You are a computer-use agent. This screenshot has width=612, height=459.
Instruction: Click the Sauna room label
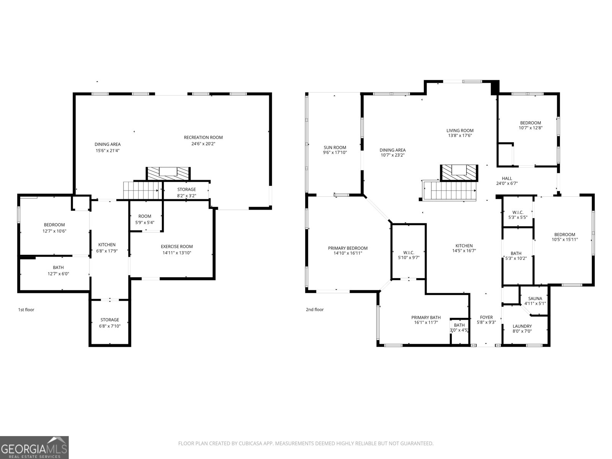point(535,298)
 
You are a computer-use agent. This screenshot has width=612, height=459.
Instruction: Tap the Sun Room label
point(335,147)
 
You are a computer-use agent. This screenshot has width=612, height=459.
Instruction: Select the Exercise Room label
point(176,246)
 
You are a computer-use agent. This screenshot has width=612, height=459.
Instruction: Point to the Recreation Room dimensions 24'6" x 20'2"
point(203,144)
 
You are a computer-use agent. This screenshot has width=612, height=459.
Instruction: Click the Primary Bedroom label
point(348,248)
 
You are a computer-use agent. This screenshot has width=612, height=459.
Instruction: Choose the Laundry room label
point(522,326)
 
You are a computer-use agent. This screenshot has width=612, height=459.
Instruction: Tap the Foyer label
point(486,317)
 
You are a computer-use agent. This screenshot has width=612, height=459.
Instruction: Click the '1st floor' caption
point(26,309)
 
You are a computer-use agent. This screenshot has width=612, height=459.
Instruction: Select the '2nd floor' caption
point(314,309)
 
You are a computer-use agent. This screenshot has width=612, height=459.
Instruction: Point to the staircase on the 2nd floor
point(449,190)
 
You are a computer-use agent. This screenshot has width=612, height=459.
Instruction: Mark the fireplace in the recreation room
point(168,174)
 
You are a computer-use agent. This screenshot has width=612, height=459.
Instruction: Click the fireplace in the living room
point(459,173)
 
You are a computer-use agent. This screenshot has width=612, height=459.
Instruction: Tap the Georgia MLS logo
point(34,447)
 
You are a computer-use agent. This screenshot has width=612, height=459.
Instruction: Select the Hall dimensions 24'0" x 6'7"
point(506,183)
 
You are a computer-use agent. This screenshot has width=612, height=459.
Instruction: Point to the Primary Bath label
point(426,317)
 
